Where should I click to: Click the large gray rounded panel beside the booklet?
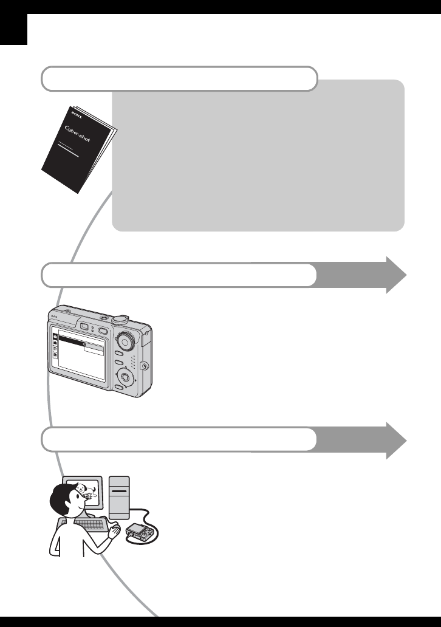click(x=258, y=156)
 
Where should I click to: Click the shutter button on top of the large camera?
click(x=120, y=319)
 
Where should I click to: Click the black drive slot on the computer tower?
click(x=119, y=490)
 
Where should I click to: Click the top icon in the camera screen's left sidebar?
click(x=55, y=337)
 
